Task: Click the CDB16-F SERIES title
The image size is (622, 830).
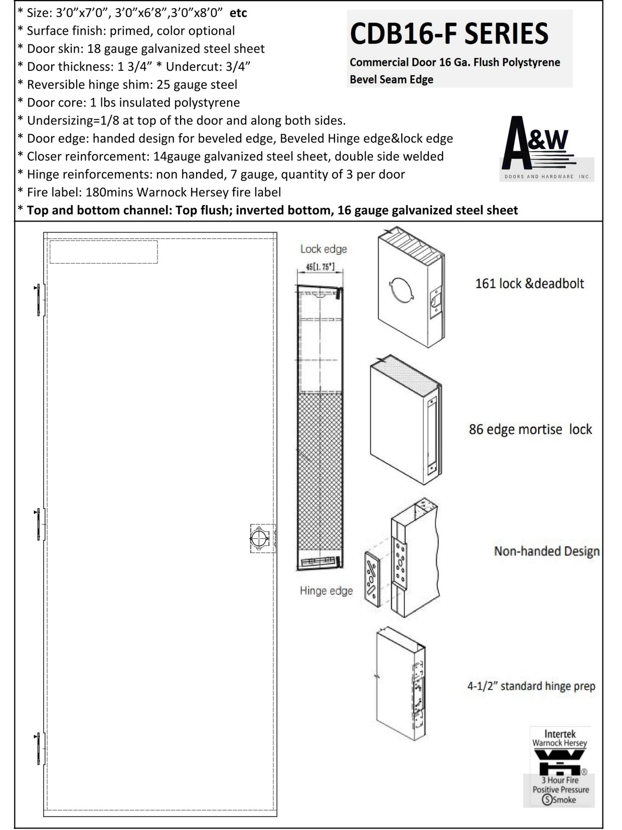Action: (449, 34)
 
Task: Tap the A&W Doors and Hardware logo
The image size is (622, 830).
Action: (546, 149)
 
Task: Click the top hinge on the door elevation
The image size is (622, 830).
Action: (39, 300)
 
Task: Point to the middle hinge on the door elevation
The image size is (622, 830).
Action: (39, 524)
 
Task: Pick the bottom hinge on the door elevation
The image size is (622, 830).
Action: (39, 749)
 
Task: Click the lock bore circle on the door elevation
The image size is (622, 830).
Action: (259, 538)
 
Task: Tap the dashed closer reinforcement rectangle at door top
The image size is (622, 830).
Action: (103, 252)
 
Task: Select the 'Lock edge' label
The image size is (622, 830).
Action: (324, 249)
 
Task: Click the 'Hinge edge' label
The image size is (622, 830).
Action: (326, 590)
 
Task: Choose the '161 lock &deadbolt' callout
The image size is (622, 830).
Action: (530, 284)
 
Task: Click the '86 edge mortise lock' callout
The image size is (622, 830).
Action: (530, 430)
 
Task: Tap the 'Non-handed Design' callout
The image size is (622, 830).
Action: (547, 551)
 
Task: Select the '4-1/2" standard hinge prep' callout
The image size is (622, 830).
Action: (531, 686)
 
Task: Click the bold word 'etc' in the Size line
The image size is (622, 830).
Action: (238, 13)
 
